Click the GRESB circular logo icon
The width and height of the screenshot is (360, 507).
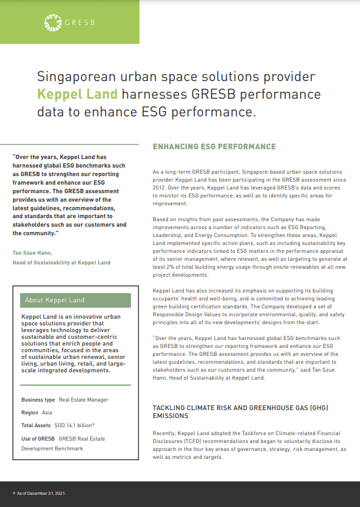53,23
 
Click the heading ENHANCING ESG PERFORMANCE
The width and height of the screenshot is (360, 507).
214,147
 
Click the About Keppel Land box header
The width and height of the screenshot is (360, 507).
54,300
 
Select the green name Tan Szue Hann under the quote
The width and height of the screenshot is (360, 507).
32,252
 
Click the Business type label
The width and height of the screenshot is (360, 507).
38,400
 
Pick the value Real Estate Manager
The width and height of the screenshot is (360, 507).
83,400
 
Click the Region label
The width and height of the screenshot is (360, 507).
30,412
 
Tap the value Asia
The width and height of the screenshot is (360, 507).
47,412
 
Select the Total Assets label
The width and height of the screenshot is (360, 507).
36,425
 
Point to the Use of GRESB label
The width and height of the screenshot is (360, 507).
38,438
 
